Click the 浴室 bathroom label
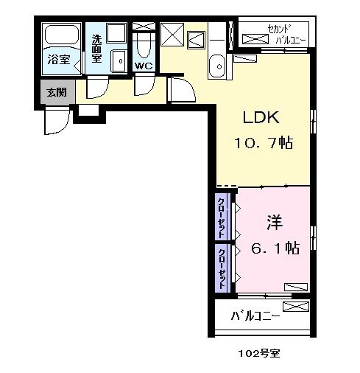click(60, 60)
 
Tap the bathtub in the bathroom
click(60, 36)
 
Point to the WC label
click(144, 66)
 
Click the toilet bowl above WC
click(144, 46)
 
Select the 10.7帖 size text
click(264, 143)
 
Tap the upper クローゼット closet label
click(222, 214)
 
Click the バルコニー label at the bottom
click(254, 318)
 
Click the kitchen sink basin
click(218, 66)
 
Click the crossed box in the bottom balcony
click(294, 305)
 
